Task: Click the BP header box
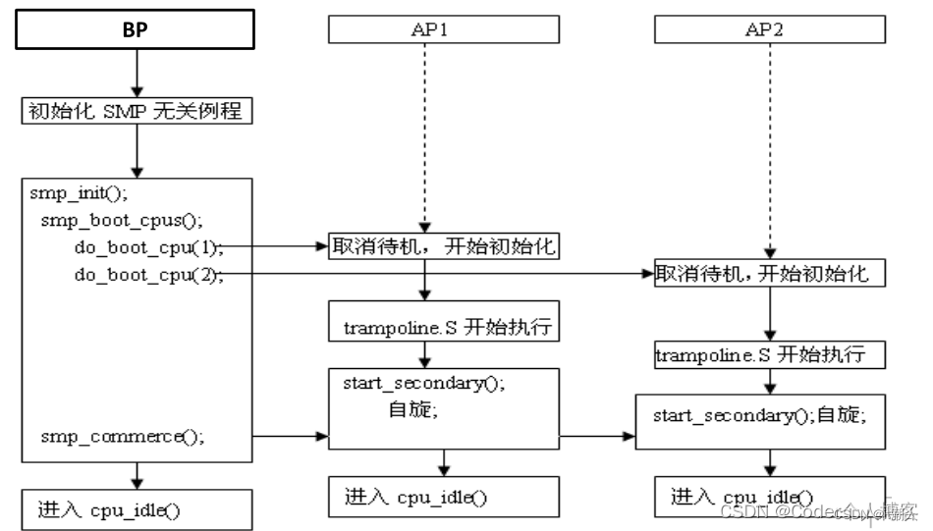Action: (137, 29)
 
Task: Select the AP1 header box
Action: (443, 30)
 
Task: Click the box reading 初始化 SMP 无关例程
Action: (137, 112)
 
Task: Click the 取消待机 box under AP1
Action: (443, 246)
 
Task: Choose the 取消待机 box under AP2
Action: (771, 273)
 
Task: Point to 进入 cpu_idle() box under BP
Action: (137, 509)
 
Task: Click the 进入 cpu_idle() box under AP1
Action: (443, 496)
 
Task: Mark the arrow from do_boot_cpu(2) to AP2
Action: (442, 274)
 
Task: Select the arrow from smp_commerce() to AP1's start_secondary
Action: (291, 433)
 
